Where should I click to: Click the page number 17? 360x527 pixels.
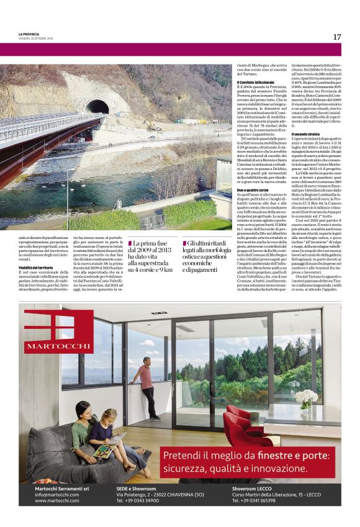pos(336,37)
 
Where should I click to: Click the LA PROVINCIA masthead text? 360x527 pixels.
pos(29,34)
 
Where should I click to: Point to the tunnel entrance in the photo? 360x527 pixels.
pos(97,106)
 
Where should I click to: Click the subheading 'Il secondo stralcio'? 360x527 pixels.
pos(305,134)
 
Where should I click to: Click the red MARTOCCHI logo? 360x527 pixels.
pos(50,335)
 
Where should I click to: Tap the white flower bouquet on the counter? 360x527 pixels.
pos(305,398)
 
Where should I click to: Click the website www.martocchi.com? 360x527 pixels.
pos(56,500)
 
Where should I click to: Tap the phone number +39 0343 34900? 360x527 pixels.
pos(137,500)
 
